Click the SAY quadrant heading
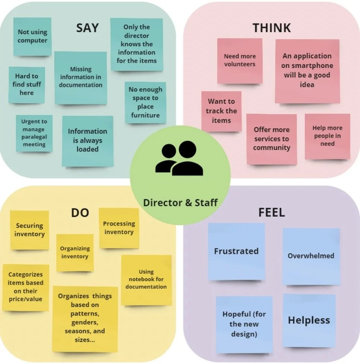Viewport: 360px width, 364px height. click(87, 28)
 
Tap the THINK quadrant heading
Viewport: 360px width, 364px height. click(271, 28)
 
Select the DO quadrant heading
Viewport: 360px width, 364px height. click(80, 213)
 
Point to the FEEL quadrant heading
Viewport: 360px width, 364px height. click(271, 213)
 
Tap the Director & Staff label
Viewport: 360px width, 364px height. click(180, 203)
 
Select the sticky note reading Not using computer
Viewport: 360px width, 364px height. click(32, 37)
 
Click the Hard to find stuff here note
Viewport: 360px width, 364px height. click(27, 85)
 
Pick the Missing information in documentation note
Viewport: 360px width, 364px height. click(80, 78)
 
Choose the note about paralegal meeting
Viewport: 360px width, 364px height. click(34, 133)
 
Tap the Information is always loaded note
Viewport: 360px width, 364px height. click(88, 141)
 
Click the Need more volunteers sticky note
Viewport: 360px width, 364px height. click(240, 60)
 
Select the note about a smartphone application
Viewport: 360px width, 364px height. click(307, 70)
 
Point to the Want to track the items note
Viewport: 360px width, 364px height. click(221, 111)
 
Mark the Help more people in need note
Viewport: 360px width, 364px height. click(327, 136)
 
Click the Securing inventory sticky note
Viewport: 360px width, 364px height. click(29, 230)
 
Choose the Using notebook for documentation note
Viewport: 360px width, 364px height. click(146, 280)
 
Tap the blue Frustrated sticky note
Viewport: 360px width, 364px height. click(236, 251)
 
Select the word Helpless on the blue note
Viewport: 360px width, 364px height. click(309, 320)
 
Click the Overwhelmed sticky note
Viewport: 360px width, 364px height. click(311, 256)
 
